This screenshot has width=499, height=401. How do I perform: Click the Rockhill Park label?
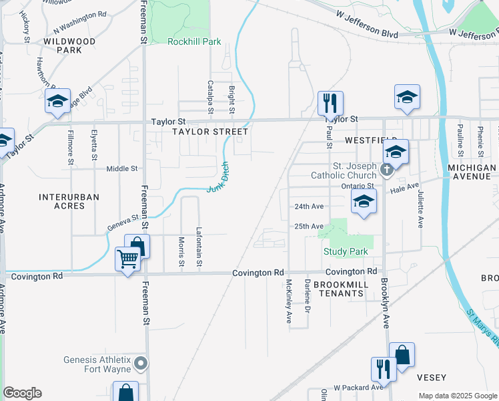pyautogui.click(x=194, y=41)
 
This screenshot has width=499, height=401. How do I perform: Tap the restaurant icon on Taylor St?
pyautogui.click(x=330, y=104)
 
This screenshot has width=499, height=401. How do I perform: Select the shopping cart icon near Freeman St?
pyautogui.click(x=127, y=259)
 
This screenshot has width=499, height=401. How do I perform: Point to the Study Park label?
pyautogui.click(x=346, y=251)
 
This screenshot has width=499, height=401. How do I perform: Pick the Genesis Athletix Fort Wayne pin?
pyautogui.click(x=140, y=364)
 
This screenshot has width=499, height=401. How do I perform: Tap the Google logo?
pyautogui.click(x=22, y=393)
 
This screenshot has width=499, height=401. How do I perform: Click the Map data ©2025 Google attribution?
pyautogui.click(x=458, y=396)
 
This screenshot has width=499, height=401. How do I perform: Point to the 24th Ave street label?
pyautogui.click(x=309, y=207)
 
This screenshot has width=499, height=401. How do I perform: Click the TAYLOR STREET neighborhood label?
pyautogui.click(x=210, y=132)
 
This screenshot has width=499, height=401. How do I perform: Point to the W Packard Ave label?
pyautogui.click(x=359, y=387)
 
